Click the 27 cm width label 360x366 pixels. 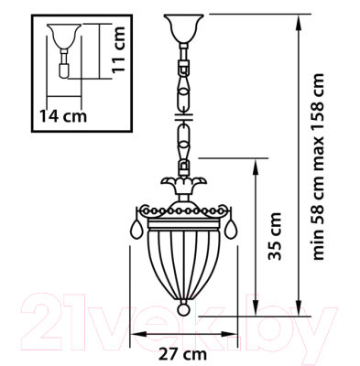[182, 354]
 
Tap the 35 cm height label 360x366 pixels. [274, 236]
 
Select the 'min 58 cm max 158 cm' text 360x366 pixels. [318, 167]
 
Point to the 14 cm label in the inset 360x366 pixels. [63, 115]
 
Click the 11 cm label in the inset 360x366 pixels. [118, 49]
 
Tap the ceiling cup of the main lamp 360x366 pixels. [183, 28]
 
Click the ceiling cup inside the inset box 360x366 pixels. [64, 37]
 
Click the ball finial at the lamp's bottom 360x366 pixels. [183, 309]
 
